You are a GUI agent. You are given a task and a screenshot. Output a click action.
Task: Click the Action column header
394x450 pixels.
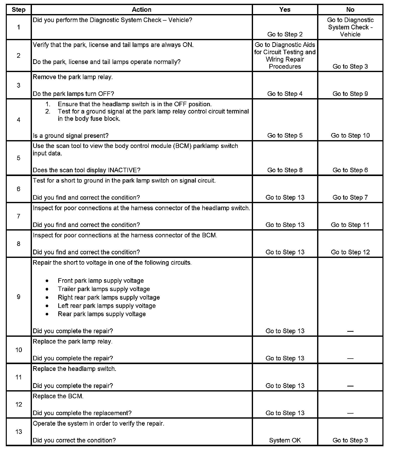pyautogui.click(x=141, y=10)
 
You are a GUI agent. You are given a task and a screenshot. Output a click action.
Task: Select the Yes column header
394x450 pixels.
pyautogui.click(x=285, y=10)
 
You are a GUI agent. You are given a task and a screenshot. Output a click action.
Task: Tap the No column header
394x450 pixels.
pyautogui.click(x=350, y=10)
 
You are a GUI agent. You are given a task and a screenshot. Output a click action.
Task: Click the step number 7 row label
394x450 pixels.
pyautogui.click(x=19, y=216)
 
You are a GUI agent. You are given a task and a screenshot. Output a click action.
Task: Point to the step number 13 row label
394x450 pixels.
pyautogui.click(x=19, y=432)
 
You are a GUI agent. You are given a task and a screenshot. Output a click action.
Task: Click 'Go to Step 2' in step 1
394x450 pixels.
pyautogui.click(x=285, y=34)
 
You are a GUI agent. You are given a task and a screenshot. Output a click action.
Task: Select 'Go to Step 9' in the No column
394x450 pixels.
pyautogui.click(x=350, y=94)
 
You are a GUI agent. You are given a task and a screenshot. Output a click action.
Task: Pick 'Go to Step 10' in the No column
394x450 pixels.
pyautogui.click(x=350, y=136)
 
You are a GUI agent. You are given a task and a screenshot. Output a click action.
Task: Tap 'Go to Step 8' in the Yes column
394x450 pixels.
pyautogui.click(x=285, y=170)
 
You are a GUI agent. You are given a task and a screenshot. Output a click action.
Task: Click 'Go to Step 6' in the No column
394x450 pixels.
pyautogui.click(x=350, y=170)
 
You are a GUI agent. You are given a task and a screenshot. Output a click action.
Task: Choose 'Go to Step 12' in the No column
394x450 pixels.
pyautogui.click(x=350, y=252)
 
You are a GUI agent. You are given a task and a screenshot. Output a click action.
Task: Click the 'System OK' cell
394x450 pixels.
pyautogui.click(x=285, y=440)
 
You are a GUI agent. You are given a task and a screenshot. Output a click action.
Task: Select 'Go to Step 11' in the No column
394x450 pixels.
pyautogui.click(x=350, y=225)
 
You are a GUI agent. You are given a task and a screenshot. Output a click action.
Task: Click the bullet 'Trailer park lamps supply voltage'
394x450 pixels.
pyautogui.click(x=104, y=289)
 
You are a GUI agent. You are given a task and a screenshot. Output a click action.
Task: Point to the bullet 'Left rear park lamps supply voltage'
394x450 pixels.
pyautogui.click(x=107, y=306)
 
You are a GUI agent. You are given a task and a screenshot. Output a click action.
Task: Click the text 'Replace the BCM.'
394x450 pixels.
pyautogui.click(x=58, y=396)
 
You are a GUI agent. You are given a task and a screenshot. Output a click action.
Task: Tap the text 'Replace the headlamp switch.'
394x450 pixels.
pyautogui.click(x=74, y=369)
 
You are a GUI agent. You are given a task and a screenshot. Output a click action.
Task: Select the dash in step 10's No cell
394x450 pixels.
pyautogui.click(x=350, y=359)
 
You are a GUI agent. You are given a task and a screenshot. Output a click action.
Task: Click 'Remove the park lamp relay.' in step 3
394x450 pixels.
pyautogui.click(x=73, y=77)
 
